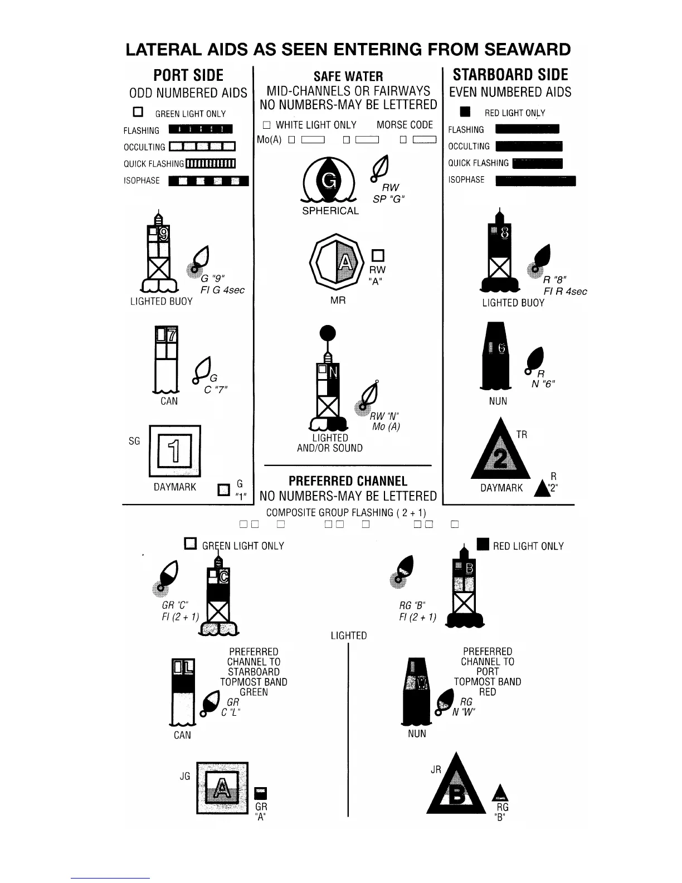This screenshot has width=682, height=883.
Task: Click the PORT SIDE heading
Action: pyautogui.click(x=188, y=75)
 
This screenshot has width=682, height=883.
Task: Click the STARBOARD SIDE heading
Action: pyautogui.click(x=510, y=75)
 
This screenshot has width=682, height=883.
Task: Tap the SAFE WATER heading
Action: pyautogui.click(x=348, y=76)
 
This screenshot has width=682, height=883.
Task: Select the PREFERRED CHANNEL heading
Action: pyautogui.click(x=348, y=481)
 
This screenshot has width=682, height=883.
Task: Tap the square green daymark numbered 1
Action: pyautogui.click(x=174, y=451)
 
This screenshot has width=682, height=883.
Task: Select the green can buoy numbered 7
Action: pyautogui.click(x=166, y=360)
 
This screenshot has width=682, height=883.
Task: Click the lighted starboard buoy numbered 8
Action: pyautogui.click(x=499, y=254)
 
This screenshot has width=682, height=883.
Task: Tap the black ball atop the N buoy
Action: pyautogui.click(x=328, y=333)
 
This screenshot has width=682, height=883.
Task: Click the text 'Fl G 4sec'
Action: pyautogui.click(x=222, y=290)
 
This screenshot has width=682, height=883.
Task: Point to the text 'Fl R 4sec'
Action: pyautogui.click(x=565, y=291)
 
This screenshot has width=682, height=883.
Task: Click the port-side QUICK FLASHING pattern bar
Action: pyautogui.click(x=210, y=163)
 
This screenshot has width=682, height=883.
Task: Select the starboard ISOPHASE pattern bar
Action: pyautogui.click(x=535, y=180)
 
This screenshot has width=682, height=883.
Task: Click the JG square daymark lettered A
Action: pyautogui.click(x=222, y=788)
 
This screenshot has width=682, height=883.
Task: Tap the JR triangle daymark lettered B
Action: pyautogui.click(x=456, y=788)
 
